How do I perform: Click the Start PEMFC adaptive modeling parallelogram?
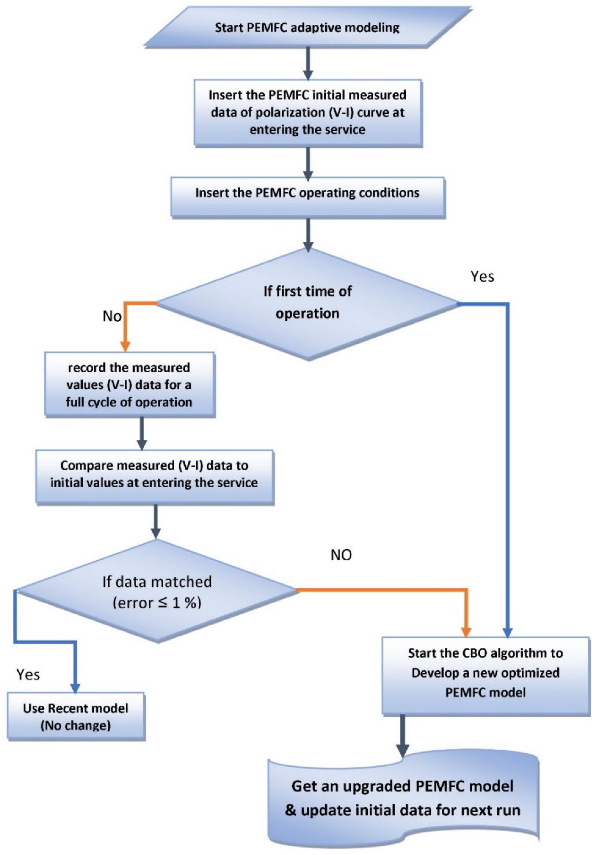(x=308, y=28)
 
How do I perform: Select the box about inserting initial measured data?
(x=308, y=112)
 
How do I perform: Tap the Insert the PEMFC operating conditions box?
(x=308, y=193)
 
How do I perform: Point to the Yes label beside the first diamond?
(x=482, y=277)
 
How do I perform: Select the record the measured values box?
(x=129, y=385)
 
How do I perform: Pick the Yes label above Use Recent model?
(x=28, y=674)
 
